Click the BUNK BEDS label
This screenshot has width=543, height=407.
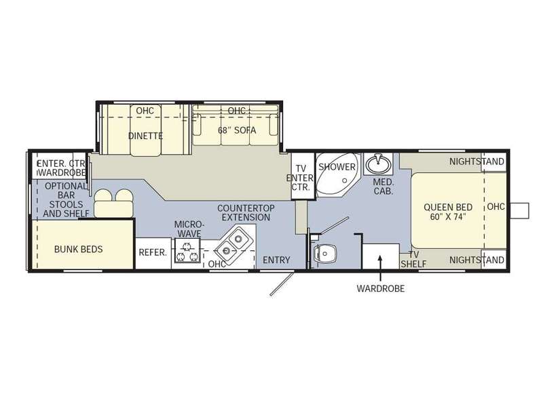pos(78,249)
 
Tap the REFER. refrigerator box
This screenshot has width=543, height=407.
pos(153,253)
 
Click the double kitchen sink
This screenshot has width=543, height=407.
pos(231,244)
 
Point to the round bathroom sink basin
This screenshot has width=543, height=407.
pos(378,164)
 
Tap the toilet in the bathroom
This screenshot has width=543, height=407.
pos(324,254)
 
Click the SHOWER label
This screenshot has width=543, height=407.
pos(337,167)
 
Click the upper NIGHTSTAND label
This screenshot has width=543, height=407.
pos(476,161)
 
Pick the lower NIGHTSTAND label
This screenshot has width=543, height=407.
pos(476,260)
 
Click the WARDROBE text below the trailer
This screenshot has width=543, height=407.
pos(381,288)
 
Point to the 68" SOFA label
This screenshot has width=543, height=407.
pos(237,130)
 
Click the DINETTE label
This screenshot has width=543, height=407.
pos(145,136)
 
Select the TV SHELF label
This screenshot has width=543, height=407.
pos(413,259)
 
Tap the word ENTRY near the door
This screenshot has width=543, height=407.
pos(276,260)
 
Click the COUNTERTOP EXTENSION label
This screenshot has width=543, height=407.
pos(246,213)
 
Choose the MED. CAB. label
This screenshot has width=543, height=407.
pos(383,187)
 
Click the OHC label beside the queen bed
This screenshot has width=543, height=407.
pos(496,207)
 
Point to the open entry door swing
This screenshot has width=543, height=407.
pos(282,284)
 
